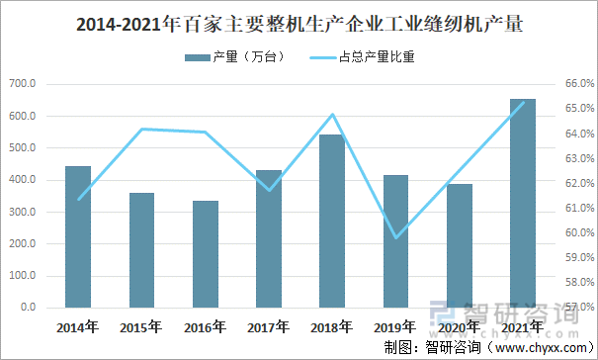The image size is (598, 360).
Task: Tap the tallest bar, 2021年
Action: (523, 203)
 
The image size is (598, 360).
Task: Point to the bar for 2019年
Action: (396, 241)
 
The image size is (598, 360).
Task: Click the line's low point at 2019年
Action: (396, 237)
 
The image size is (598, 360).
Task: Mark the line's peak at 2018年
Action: (333, 115)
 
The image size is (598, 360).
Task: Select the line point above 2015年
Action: (142, 130)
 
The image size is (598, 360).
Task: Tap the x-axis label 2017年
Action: (268, 326)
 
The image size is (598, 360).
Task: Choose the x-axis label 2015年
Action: (141, 326)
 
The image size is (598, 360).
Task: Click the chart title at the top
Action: (299, 25)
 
